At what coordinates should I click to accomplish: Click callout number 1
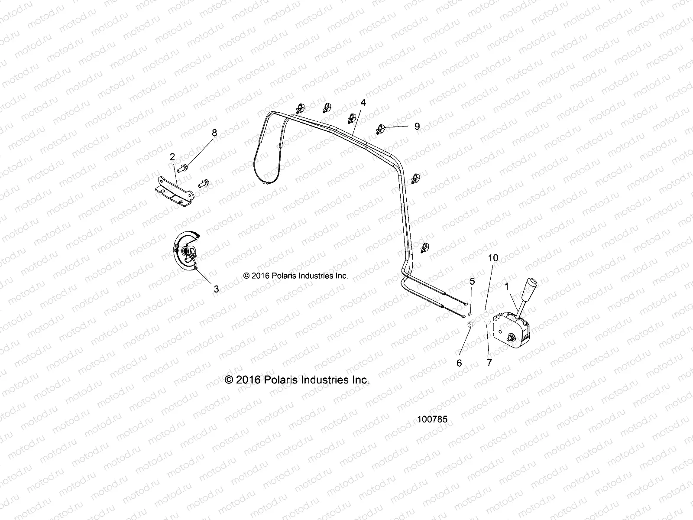click(x=507, y=287)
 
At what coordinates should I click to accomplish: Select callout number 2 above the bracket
click(x=172, y=157)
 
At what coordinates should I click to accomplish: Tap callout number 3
click(x=216, y=289)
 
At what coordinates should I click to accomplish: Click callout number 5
click(x=472, y=281)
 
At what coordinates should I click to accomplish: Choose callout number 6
click(x=460, y=363)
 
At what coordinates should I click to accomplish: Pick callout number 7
click(x=489, y=363)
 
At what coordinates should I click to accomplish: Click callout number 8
click(x=214, y=133)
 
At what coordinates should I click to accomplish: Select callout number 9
click(x=417, y=126)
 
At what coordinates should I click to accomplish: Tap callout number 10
click(x=493, y=258)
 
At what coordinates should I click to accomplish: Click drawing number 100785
click(x=432, y=419)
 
